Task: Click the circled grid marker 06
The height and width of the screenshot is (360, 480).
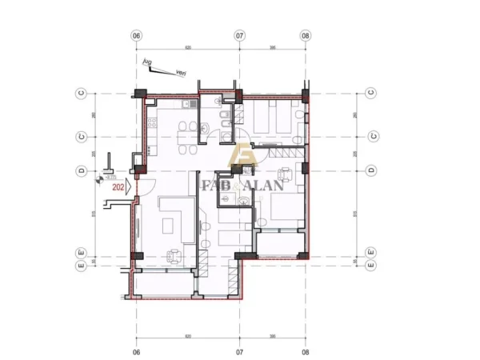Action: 136,36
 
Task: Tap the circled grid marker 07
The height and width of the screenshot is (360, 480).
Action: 239,36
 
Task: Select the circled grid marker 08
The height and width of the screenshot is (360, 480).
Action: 306,36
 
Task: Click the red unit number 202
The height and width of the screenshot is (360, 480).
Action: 119,188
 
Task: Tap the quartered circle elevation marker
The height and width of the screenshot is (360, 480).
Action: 99,181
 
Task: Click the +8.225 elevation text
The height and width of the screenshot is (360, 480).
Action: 110,176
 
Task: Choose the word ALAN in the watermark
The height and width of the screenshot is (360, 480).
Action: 258,186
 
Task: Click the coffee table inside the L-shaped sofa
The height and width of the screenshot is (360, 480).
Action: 170,223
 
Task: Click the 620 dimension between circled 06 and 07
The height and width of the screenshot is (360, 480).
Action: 187,46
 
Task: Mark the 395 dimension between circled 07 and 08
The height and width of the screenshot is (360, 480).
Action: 272,46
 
